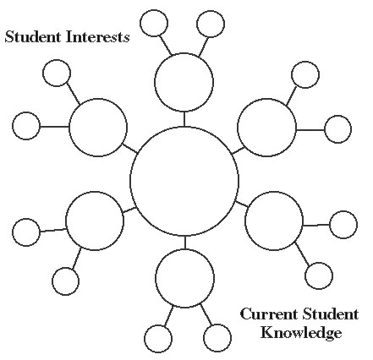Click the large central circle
(130, 181)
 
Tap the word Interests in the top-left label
(98, 37)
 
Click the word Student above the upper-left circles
(33, 37)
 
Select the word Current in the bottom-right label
(269, 314)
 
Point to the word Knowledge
(301, 333)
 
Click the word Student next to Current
(331, 314)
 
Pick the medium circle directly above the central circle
(155, 82)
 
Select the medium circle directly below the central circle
(155, 278)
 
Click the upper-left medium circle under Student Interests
(69, 128)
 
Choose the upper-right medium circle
(238, 128)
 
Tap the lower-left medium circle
(66, 221)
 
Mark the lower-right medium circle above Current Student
(245, 221)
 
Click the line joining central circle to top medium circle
(184, 119)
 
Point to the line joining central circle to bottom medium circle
(185, 243)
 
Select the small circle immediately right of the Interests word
(140, 24)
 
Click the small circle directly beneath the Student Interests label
(43, 73)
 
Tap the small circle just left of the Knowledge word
(203, 338)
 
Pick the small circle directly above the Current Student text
(304, 275)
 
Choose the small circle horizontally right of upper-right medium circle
(325, 129)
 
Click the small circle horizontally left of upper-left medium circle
(13, 126)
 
